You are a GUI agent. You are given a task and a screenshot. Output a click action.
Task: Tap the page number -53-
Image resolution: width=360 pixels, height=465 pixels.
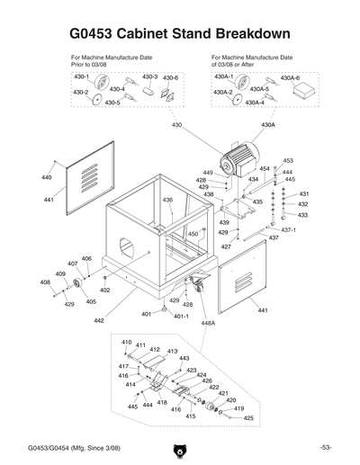(325, 448)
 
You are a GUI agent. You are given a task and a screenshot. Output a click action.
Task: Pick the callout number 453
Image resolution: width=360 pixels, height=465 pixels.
(288, 161)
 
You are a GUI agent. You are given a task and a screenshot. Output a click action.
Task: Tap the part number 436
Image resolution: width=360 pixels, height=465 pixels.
(167, 200)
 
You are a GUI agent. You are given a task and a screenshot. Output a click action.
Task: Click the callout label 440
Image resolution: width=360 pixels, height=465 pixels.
(46, 178)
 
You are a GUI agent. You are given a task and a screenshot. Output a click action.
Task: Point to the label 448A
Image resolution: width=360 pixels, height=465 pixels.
(208, 322)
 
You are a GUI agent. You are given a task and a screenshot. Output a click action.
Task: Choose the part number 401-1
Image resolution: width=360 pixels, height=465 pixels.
(180, 316)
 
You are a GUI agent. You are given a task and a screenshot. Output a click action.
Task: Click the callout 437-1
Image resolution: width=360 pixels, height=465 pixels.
(288, 230)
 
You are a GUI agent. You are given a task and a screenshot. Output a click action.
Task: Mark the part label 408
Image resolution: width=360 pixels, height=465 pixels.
(45, 282)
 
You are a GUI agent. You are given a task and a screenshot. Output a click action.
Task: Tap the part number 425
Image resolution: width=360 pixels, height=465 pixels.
(249, 418)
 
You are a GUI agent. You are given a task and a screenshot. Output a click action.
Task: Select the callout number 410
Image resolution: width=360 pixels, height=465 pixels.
(127, 343)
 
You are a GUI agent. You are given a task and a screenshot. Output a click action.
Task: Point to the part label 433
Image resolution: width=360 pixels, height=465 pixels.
(303, 215)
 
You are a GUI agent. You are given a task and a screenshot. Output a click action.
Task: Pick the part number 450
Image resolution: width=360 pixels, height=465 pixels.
(192, 234)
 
